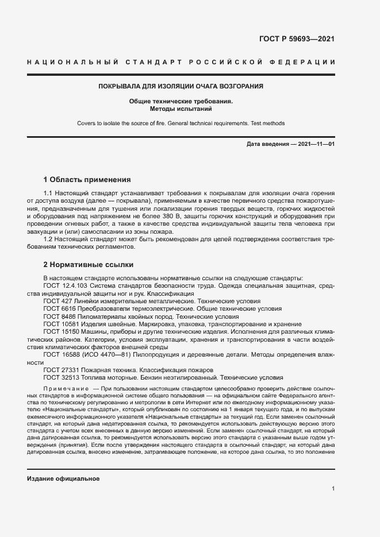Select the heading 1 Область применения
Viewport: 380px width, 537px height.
[87, 179]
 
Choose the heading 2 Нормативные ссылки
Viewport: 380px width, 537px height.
[89, 265]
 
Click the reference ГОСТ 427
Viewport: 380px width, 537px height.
[56, 300]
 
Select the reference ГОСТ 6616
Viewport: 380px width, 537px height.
[58, 308]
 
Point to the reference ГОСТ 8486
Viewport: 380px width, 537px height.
[58, 316]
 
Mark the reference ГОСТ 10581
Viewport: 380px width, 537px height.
[60, 324]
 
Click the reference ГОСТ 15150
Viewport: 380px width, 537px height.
[60, 332]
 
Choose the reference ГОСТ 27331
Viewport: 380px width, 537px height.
[60, 370]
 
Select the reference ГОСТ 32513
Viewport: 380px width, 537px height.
[60, 378]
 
